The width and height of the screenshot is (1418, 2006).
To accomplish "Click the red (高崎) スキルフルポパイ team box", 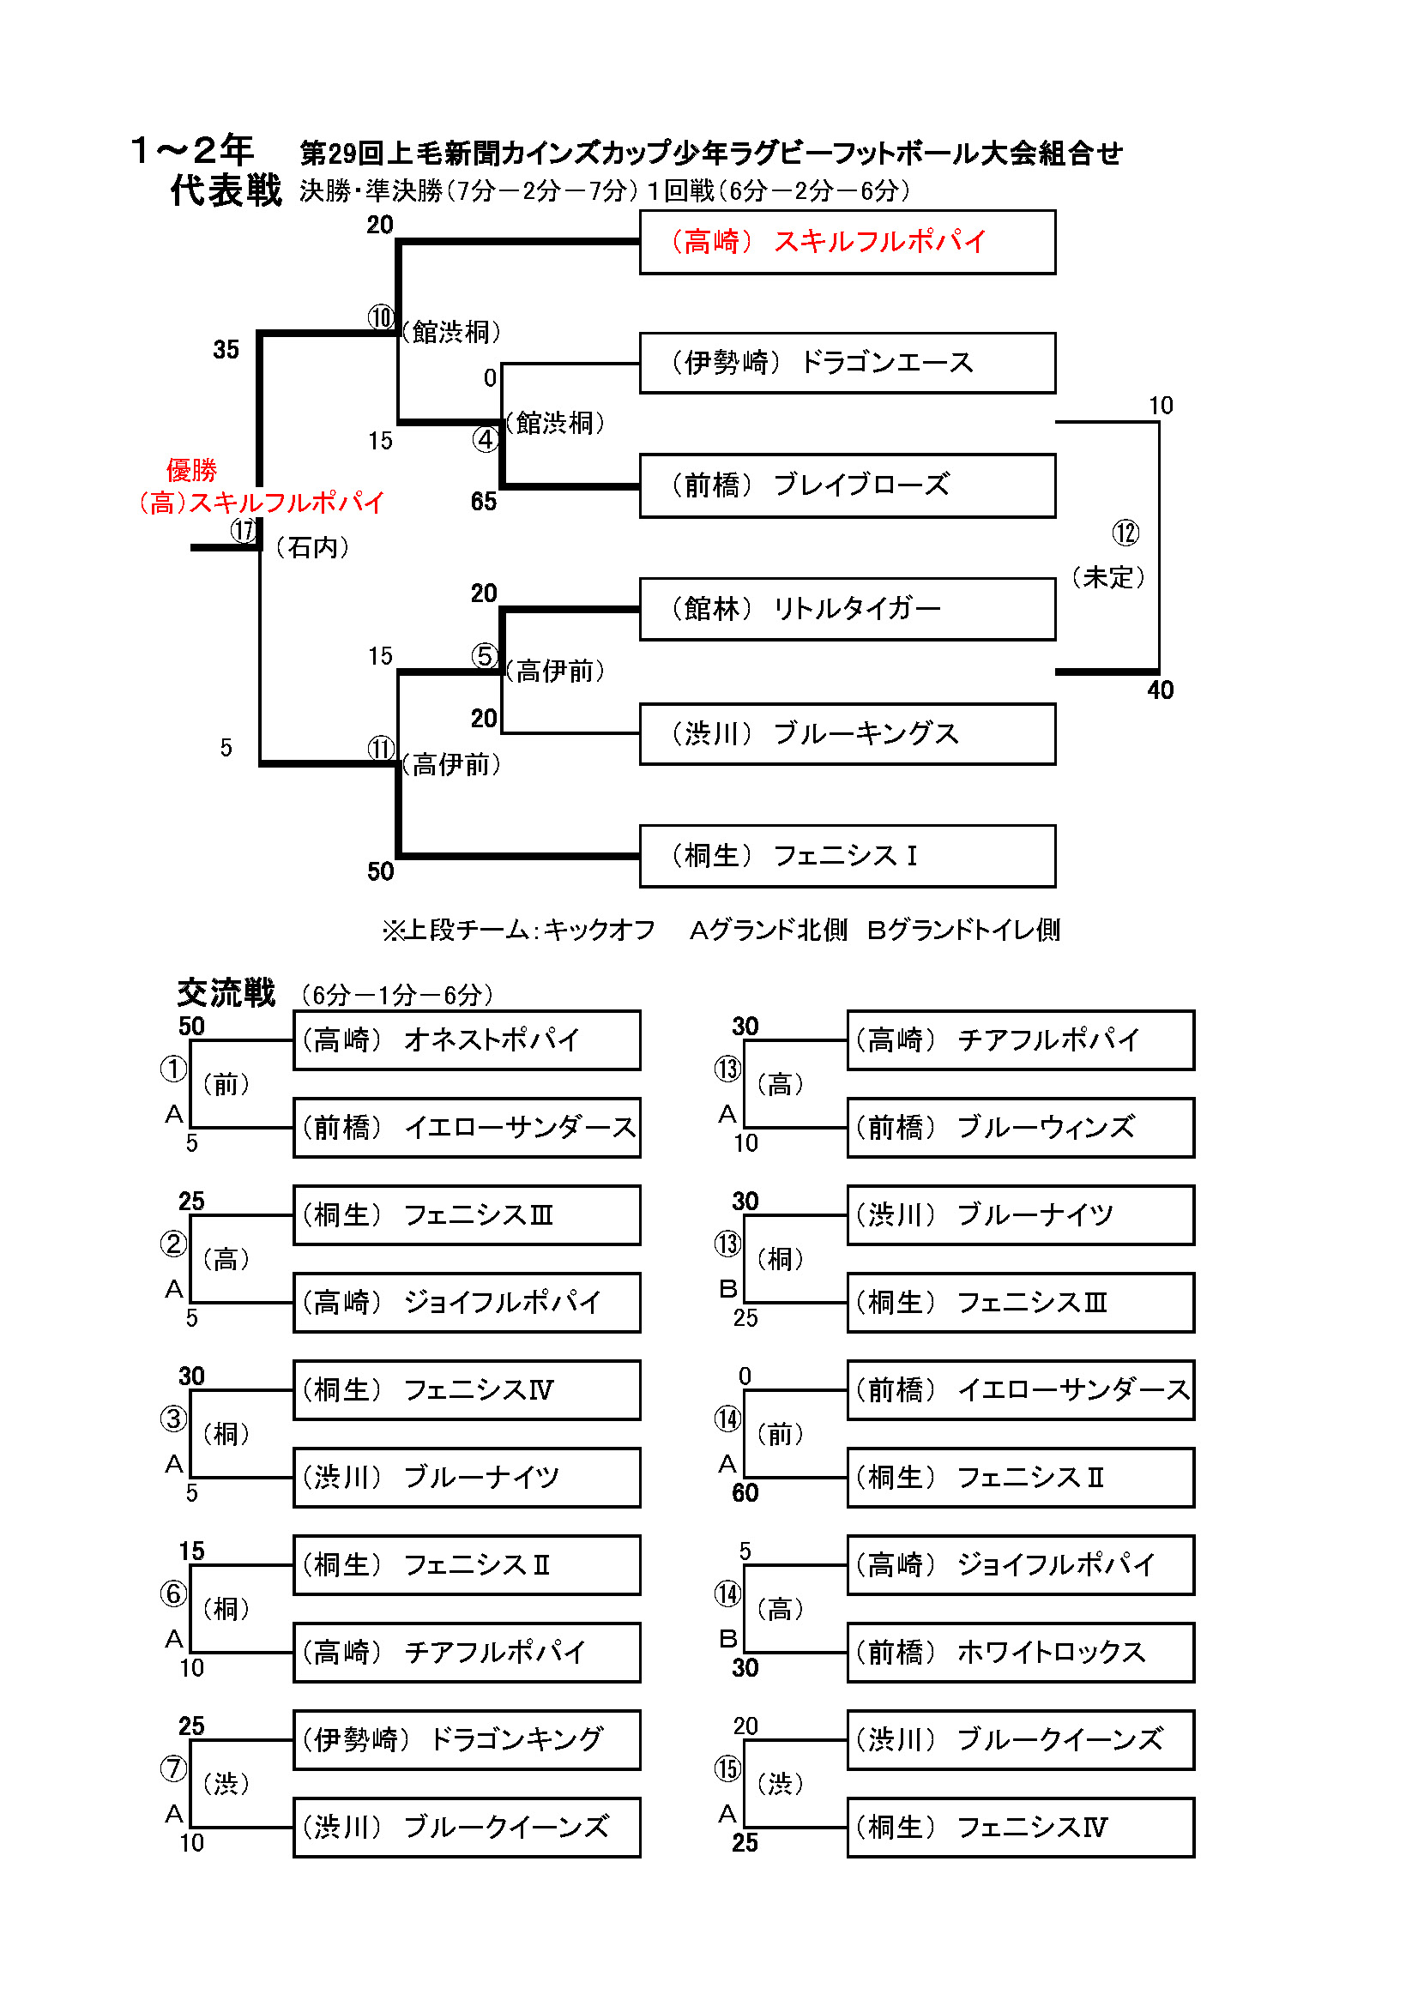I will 847,242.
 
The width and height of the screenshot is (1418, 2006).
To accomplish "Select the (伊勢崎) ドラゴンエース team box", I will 847,363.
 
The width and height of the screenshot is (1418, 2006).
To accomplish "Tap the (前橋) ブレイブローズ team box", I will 847,485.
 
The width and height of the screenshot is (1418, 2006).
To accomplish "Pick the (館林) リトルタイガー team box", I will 847,609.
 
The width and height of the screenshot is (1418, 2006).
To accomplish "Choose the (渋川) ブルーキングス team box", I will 847,734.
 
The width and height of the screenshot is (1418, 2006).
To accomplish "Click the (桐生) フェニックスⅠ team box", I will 847,856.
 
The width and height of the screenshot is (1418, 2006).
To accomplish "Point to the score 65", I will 483,502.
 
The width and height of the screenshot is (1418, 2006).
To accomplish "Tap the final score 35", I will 226,349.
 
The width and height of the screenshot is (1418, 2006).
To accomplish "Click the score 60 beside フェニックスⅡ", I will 745,1492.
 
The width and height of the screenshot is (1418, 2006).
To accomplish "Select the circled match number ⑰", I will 244,530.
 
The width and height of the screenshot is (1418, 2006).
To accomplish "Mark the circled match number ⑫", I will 1125,533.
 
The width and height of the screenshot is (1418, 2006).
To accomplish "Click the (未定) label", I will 1107,577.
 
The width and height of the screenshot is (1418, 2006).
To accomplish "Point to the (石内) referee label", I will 312,548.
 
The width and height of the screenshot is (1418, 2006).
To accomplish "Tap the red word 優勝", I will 191,470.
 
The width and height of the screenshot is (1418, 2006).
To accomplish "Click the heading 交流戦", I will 226,993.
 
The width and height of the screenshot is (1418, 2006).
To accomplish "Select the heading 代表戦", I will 226,190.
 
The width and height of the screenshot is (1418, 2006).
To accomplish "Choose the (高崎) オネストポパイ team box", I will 467,1039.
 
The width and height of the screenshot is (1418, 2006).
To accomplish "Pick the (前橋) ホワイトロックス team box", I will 1020,1652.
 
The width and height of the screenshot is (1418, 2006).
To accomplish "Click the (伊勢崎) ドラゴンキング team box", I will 467,1739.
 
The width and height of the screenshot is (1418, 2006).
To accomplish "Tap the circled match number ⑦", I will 173,1768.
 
